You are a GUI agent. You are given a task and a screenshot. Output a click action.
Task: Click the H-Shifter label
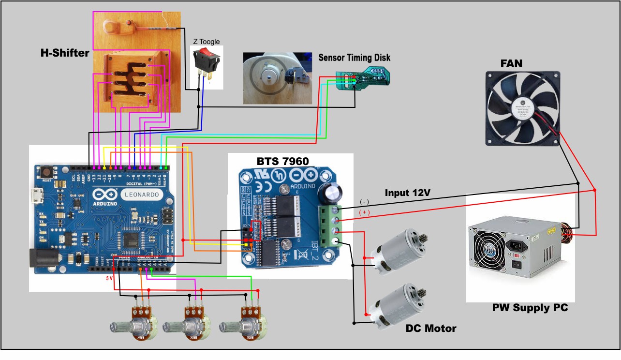[64, 53]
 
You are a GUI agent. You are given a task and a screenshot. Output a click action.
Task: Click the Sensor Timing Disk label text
[354, 58]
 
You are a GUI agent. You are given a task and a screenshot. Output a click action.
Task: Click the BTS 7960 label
[282, 161]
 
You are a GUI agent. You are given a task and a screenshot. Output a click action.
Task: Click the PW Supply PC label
[530, 307]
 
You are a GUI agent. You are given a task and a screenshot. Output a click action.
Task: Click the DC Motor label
[430, 329]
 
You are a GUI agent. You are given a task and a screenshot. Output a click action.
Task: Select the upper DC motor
[397, 255]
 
